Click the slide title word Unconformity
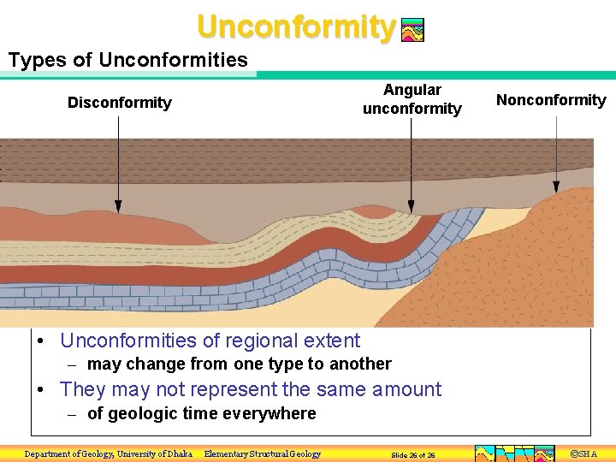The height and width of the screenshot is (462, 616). pyautogui.click(x=295, y=27)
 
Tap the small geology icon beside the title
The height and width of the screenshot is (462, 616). pyautogui.click(x=412, y=31)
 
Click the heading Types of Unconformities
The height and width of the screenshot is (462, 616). pyautogui.click(x=127, y=60)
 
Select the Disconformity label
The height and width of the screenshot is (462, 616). pyautogui.click(x=119, y=103)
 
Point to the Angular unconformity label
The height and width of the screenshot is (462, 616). pyautogui.click(x=412, y=99)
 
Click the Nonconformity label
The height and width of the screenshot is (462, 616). pyautogui.click(x=551, y=100)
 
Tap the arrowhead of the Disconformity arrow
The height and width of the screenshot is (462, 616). pyautogui.click(x=119, y=207)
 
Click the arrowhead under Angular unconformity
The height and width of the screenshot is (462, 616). pyautogui.click(x=412, y=207)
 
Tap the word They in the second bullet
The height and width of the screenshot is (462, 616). pyautogui.click(x=83, y=389)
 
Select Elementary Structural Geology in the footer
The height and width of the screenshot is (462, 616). pyautogui.click(x=263, y=453)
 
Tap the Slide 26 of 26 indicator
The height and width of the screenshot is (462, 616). pyautogui.click(x=412, y=454)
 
